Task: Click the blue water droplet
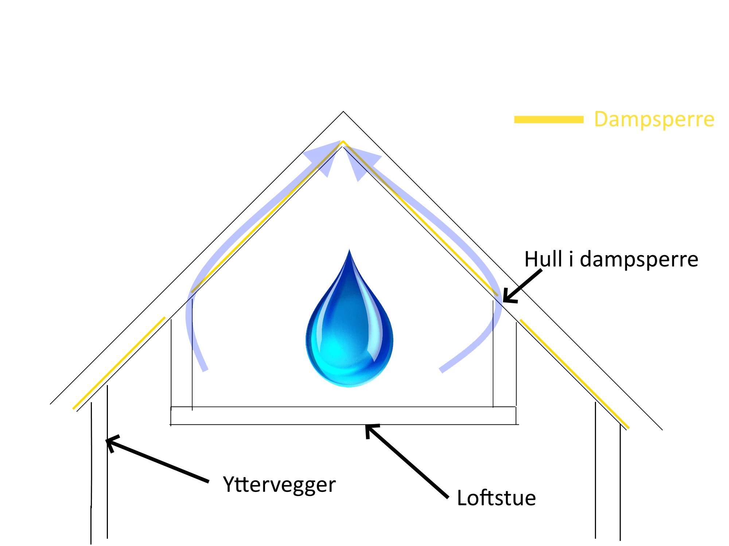[349, 335]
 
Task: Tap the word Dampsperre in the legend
[654, 119]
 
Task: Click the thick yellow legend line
[549, 119]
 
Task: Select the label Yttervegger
[279, 485]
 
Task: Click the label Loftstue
[496, 498]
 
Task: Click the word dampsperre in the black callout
[639, 260]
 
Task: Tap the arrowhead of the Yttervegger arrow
[109, 442]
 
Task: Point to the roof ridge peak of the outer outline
[343, 112]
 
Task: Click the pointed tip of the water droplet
[349, 250]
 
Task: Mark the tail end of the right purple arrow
[442, 370]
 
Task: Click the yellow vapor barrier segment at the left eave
[119, 363]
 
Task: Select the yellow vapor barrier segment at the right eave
[574, 373]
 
